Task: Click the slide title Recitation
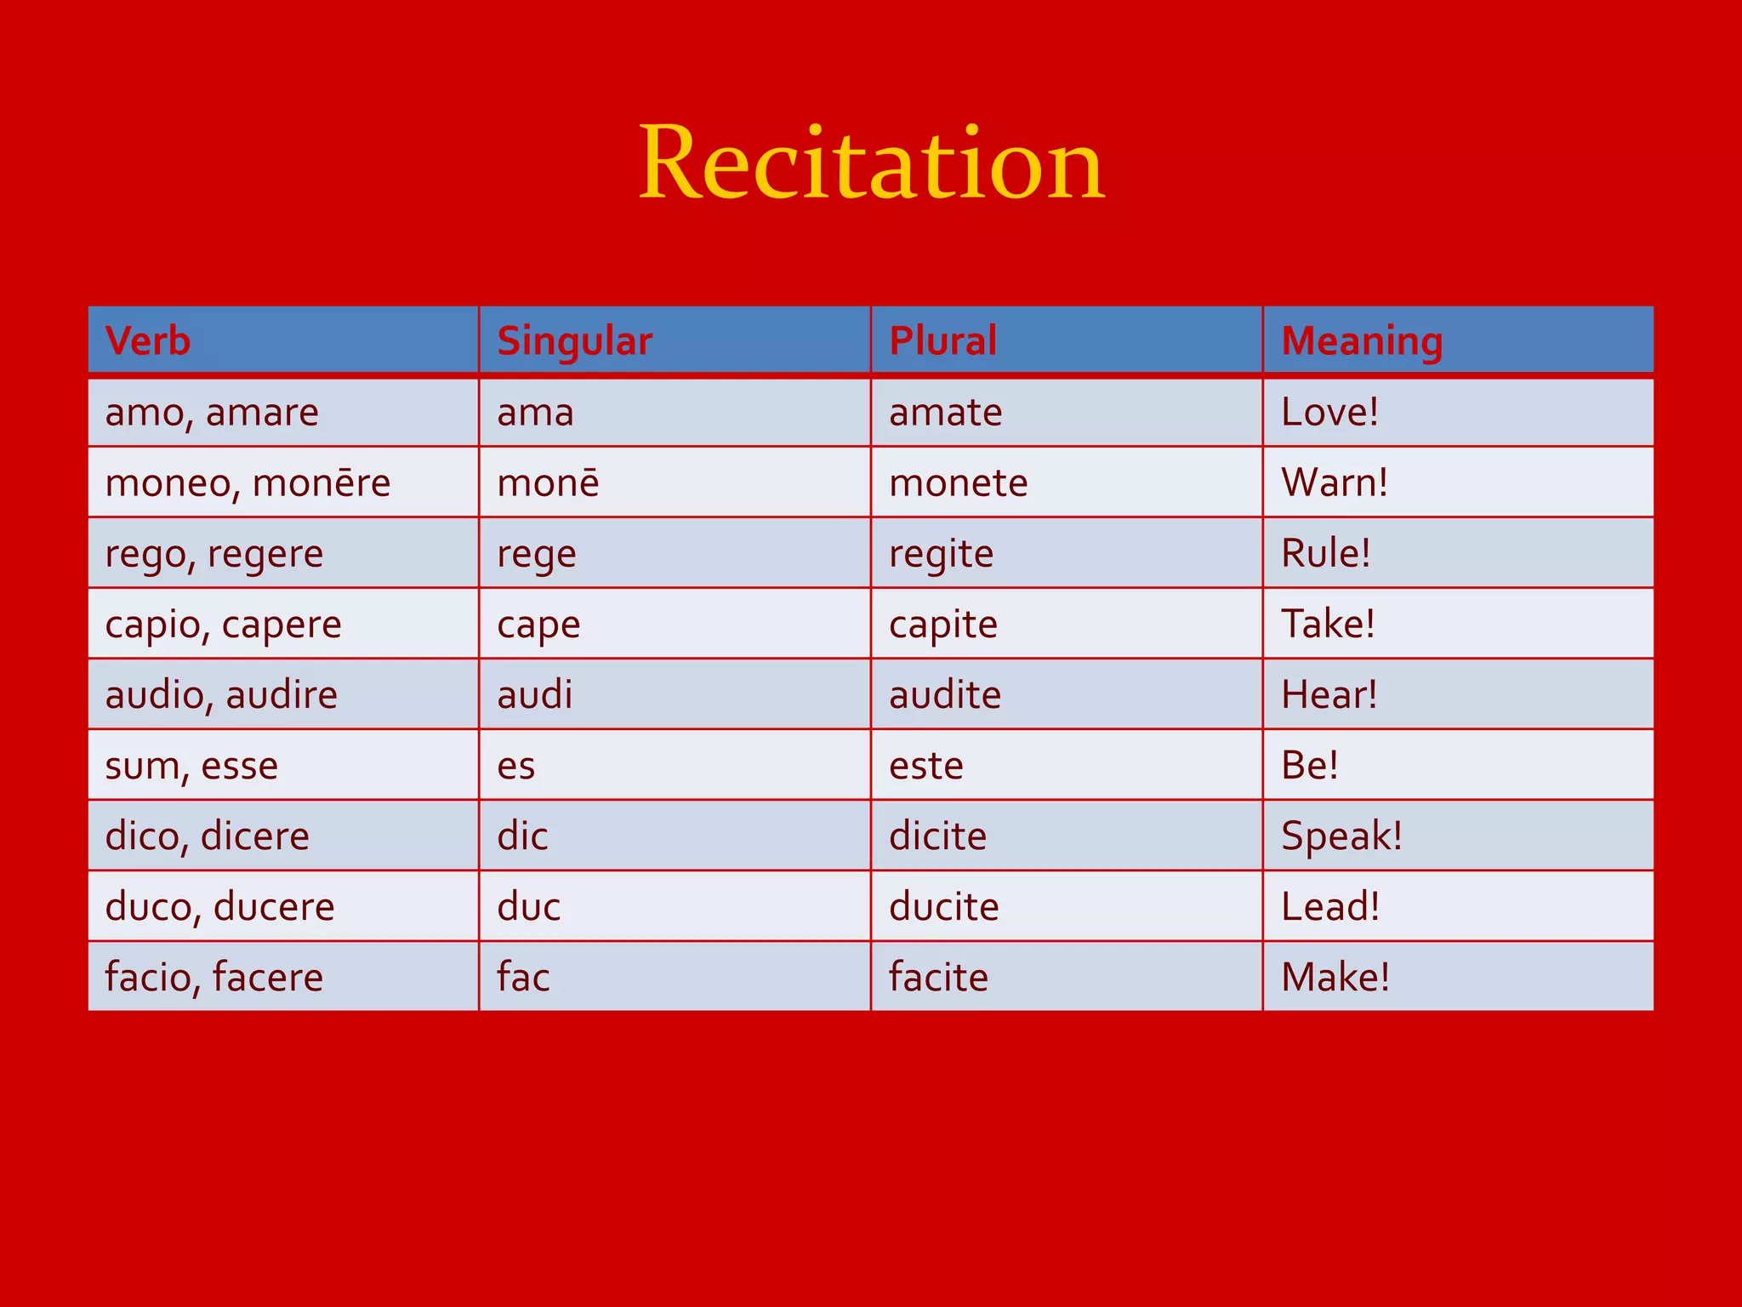[871, 163]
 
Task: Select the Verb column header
[148, 340]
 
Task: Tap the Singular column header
[574, 341]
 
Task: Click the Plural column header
[942, 340]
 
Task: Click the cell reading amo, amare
[212, 413]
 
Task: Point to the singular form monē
[548, 483]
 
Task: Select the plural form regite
[941, 554]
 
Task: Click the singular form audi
[534, 694]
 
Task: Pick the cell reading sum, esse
[191, 766]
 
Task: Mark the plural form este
[925, 766]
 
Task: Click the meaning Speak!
[1341, 836]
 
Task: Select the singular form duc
[528, 906]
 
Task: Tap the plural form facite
[938, 977]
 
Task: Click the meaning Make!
[1335, 977]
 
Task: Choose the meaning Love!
[1329, 413]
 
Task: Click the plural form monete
[958, 483]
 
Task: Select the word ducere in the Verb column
[274, 907]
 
